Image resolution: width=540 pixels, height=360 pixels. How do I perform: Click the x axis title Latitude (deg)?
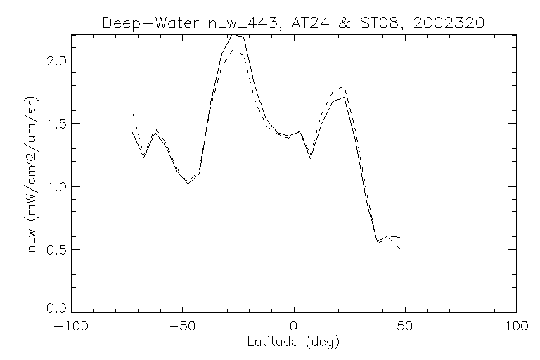point(293,342)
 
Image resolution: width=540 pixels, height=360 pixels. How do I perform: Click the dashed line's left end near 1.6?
point(133,114)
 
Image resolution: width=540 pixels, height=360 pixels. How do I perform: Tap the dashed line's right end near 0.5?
point(399,248)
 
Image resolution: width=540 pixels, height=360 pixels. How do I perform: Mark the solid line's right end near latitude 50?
point(399,237)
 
